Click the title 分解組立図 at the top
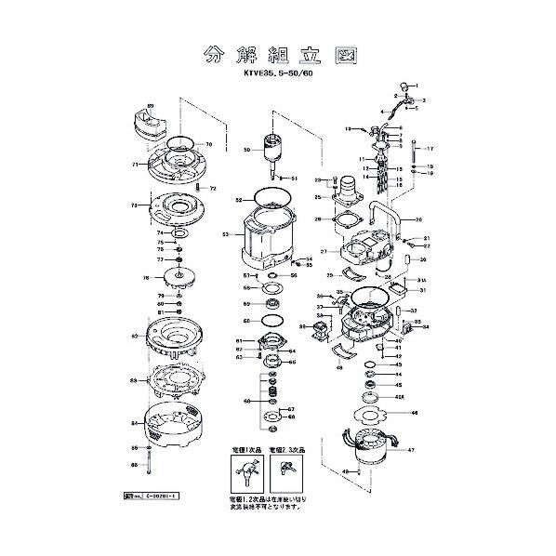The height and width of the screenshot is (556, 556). pos(276,55)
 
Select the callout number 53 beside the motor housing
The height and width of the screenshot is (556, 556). pos(225,235)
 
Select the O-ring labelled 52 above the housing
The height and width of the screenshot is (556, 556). pos(271,199)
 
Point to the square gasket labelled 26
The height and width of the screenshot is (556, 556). pos(346,219)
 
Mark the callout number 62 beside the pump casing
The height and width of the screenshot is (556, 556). pos(136,336)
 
